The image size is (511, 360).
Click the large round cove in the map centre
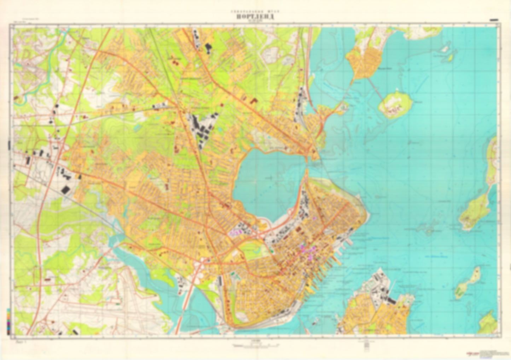[x=269, y=180]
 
